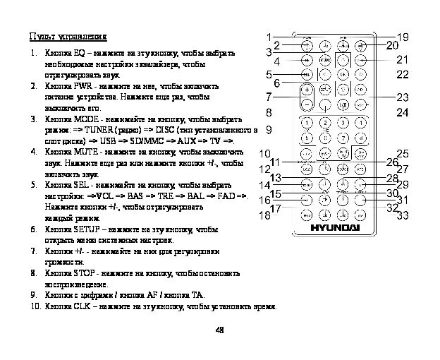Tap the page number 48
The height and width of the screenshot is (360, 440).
tap(219, 329)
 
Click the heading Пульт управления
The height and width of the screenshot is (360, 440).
tap(68, 37)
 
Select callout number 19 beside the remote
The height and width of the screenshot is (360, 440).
tap(403, 37)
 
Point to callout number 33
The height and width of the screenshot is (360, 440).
tap(403, 215)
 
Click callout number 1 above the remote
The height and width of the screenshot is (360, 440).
tap(269, 36)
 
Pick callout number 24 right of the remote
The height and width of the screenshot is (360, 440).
tap(403, 112)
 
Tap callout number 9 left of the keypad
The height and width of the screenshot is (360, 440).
tap(269, 131)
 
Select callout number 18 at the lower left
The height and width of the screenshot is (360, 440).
tap(265, 217)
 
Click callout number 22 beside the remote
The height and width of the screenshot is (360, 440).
tap(403, 73)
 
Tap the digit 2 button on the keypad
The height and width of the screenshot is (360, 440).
tap(324, 123)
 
